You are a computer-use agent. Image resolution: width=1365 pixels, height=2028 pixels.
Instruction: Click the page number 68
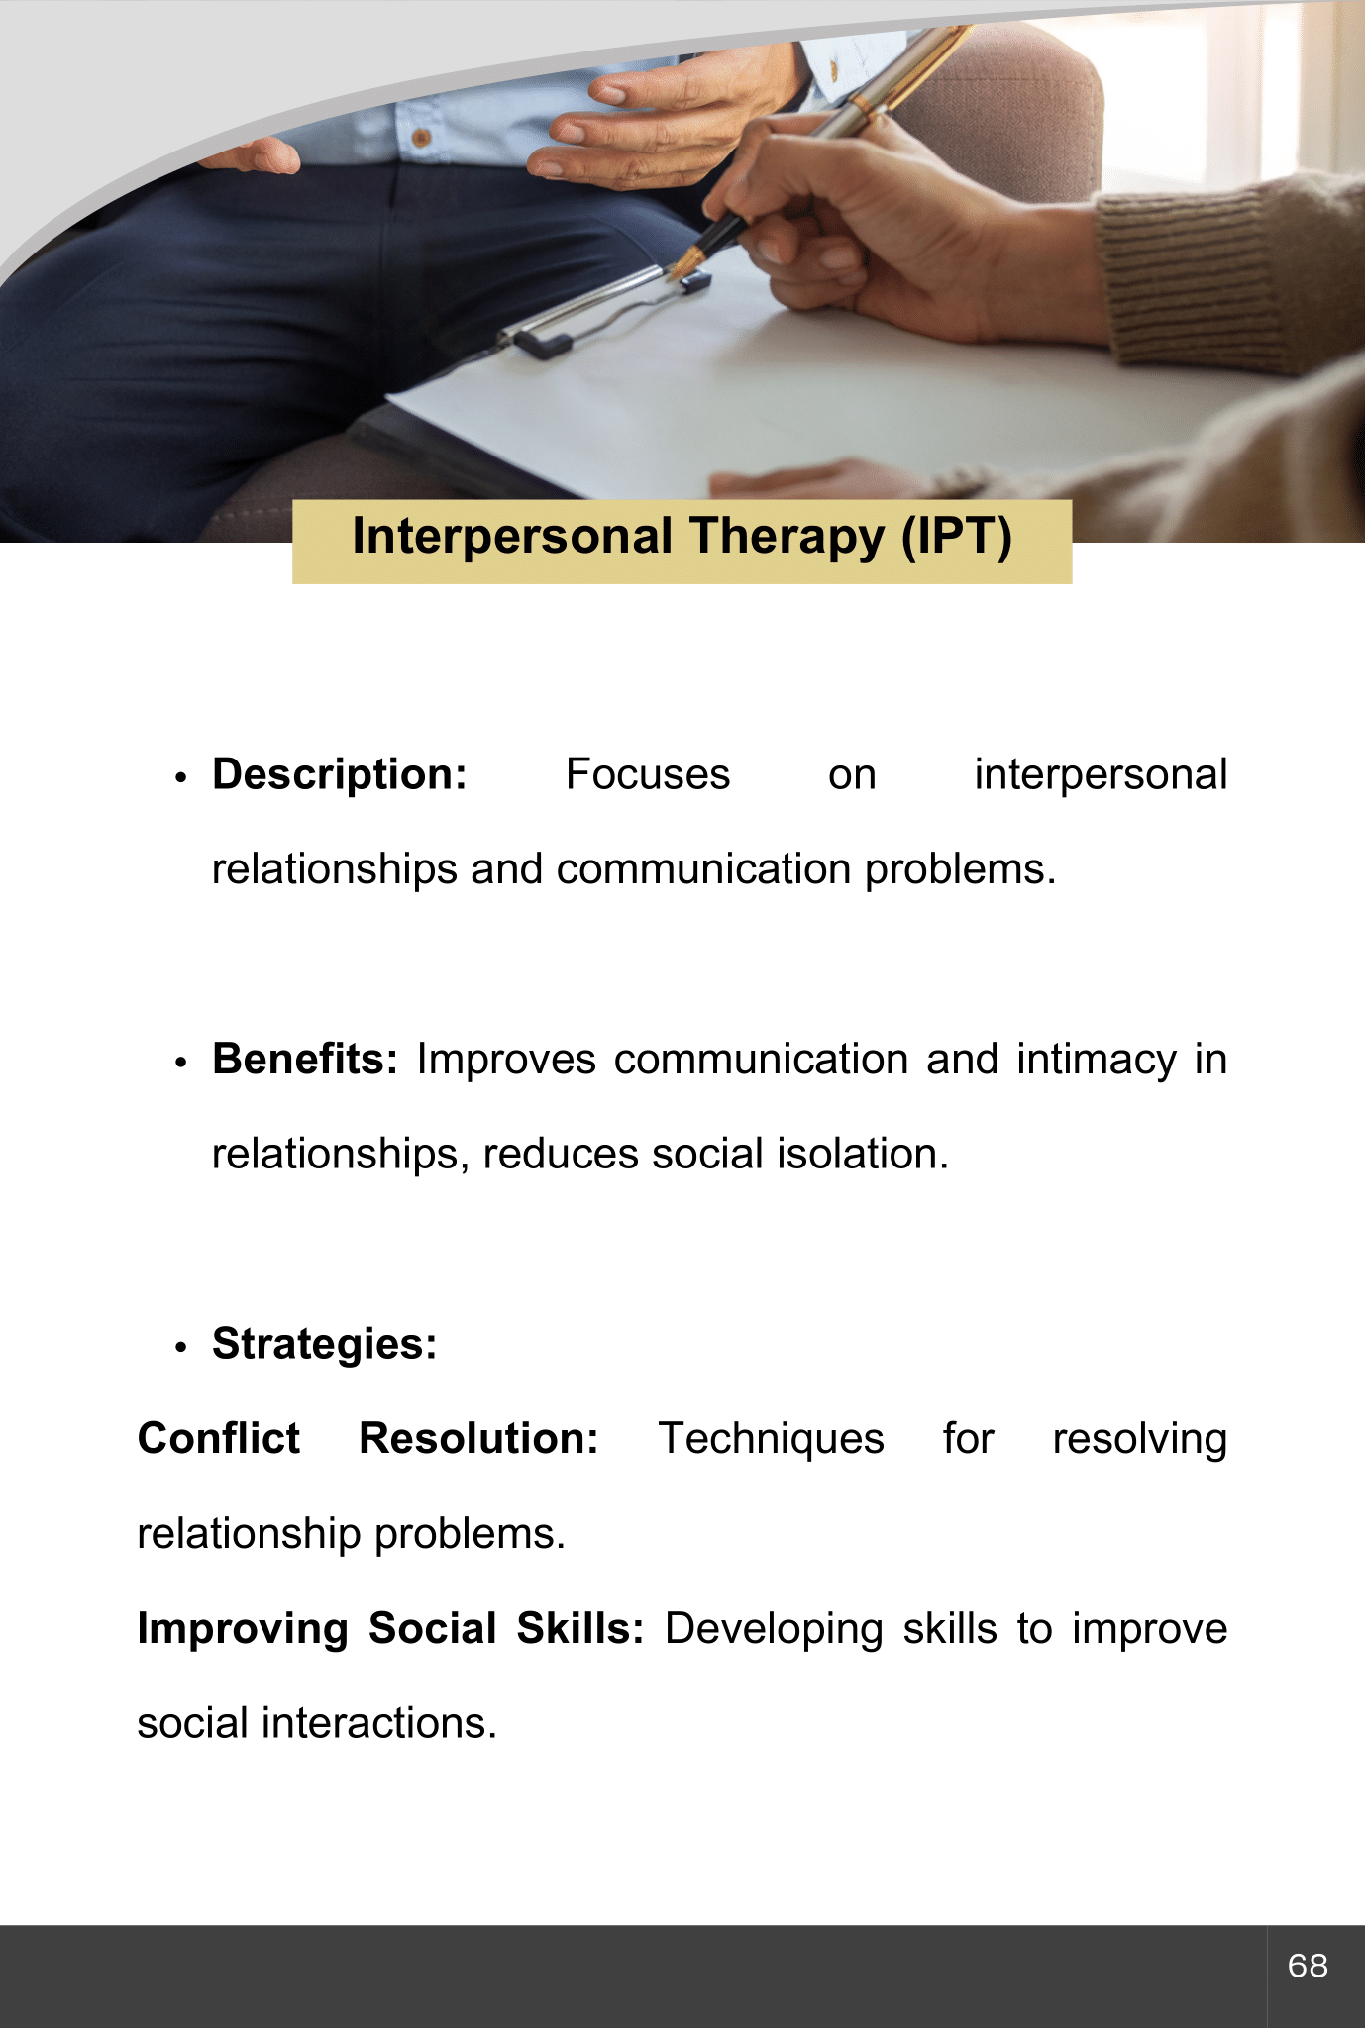tap(1308, 1965)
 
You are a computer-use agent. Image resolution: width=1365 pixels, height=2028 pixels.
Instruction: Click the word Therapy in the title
tap(787, 538)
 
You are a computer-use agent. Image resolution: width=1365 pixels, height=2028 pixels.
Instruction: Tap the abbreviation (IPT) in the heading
tap(957, 538)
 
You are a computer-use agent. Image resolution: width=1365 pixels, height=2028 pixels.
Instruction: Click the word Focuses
tap(648, 774)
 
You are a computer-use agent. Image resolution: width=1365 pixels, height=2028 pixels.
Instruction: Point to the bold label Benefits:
tap(305, 1059)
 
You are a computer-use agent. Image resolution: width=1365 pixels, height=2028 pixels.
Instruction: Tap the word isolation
tap(862, 1154)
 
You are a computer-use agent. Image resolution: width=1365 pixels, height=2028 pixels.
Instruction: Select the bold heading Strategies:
tap(325, 1345)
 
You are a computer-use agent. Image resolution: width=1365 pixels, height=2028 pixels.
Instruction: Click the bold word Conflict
tap(219, 1438)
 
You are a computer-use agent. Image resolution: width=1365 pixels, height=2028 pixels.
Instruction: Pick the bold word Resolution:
tap(479, 1438)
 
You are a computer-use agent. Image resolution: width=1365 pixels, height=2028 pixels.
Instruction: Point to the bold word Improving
tap(243, 1630)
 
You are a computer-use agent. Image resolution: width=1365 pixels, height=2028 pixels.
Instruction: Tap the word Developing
tap(774, 1630)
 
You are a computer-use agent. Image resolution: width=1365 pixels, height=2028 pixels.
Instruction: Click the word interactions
tap(379, 1723)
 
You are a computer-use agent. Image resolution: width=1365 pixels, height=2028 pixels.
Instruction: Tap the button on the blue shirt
tap(421, 138)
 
